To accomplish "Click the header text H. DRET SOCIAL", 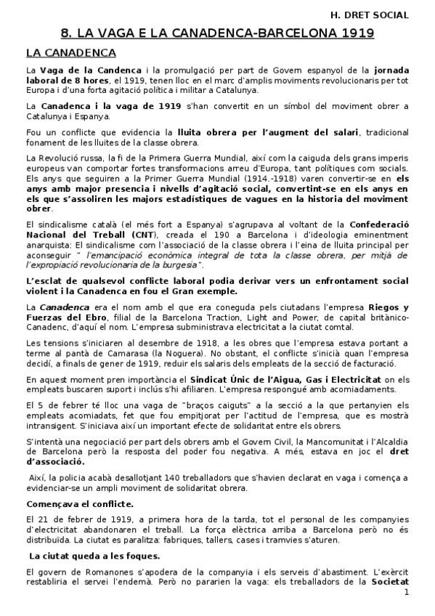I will pyautogui.click(x=369, y=14).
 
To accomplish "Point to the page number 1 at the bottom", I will pyautogui.click(x=407, y=592).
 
